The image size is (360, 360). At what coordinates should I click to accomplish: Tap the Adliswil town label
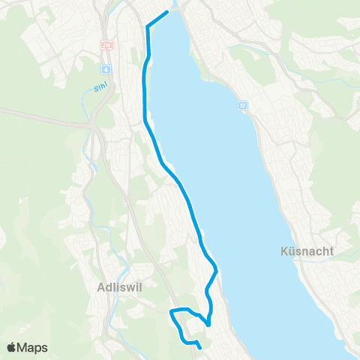[117, 286]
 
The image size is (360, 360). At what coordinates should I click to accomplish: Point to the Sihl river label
[100, 87]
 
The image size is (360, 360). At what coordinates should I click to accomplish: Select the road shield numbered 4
[107, 69]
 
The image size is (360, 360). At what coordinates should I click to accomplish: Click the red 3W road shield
[106, 44]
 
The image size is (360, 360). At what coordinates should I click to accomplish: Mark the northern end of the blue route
[166, 12]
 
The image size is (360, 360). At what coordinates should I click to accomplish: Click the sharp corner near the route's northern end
[146, 27]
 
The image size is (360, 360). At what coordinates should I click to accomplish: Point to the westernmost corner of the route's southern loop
[171, 310]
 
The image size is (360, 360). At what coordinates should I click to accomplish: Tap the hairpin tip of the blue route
[208, 325]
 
